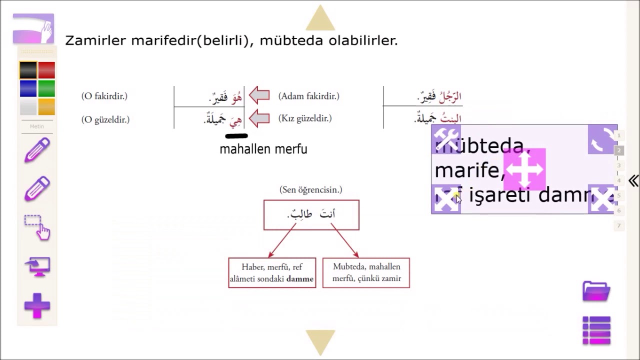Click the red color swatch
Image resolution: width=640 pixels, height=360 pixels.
click(46, 70)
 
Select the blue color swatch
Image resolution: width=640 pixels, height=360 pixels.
click(28, 88)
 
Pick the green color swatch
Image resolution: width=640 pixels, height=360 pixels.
click(46, 88)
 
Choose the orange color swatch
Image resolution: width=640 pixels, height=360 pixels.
click(46, 106)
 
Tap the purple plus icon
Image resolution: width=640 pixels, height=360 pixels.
click(37, 305)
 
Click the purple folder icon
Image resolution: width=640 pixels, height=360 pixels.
click(596, 291)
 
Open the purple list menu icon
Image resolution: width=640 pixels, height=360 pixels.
click(596, 330)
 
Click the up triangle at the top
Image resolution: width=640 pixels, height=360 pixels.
click(320, 19)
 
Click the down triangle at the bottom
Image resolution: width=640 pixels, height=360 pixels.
click(320, 342)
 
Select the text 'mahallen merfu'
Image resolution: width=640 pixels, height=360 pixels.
click(263, 149)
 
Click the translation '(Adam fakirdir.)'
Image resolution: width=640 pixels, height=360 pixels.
click(309, 96)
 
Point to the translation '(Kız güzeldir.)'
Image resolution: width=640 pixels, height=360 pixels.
click(305, 118)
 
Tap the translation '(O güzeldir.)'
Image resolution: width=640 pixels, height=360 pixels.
click(105, 119)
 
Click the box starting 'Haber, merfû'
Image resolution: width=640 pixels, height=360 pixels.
click(272, 273)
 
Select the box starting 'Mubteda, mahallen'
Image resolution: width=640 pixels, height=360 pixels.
click(366, 273)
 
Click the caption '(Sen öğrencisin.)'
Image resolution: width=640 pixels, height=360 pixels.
click(311, 190)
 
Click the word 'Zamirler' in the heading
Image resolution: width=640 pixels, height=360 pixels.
click(96, 41)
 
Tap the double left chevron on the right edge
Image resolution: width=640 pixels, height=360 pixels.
click(633, 181)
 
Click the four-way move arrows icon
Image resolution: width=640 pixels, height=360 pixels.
click(524, 169)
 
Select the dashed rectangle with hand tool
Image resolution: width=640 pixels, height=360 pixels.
click(37, 227)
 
